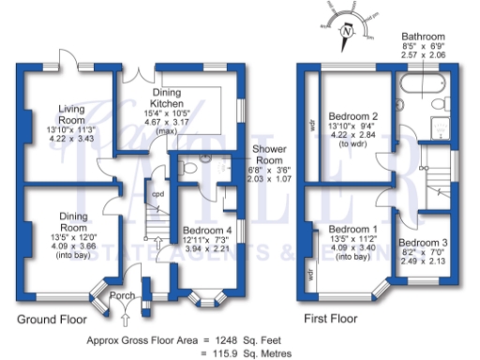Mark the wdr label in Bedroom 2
[310, 122]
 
